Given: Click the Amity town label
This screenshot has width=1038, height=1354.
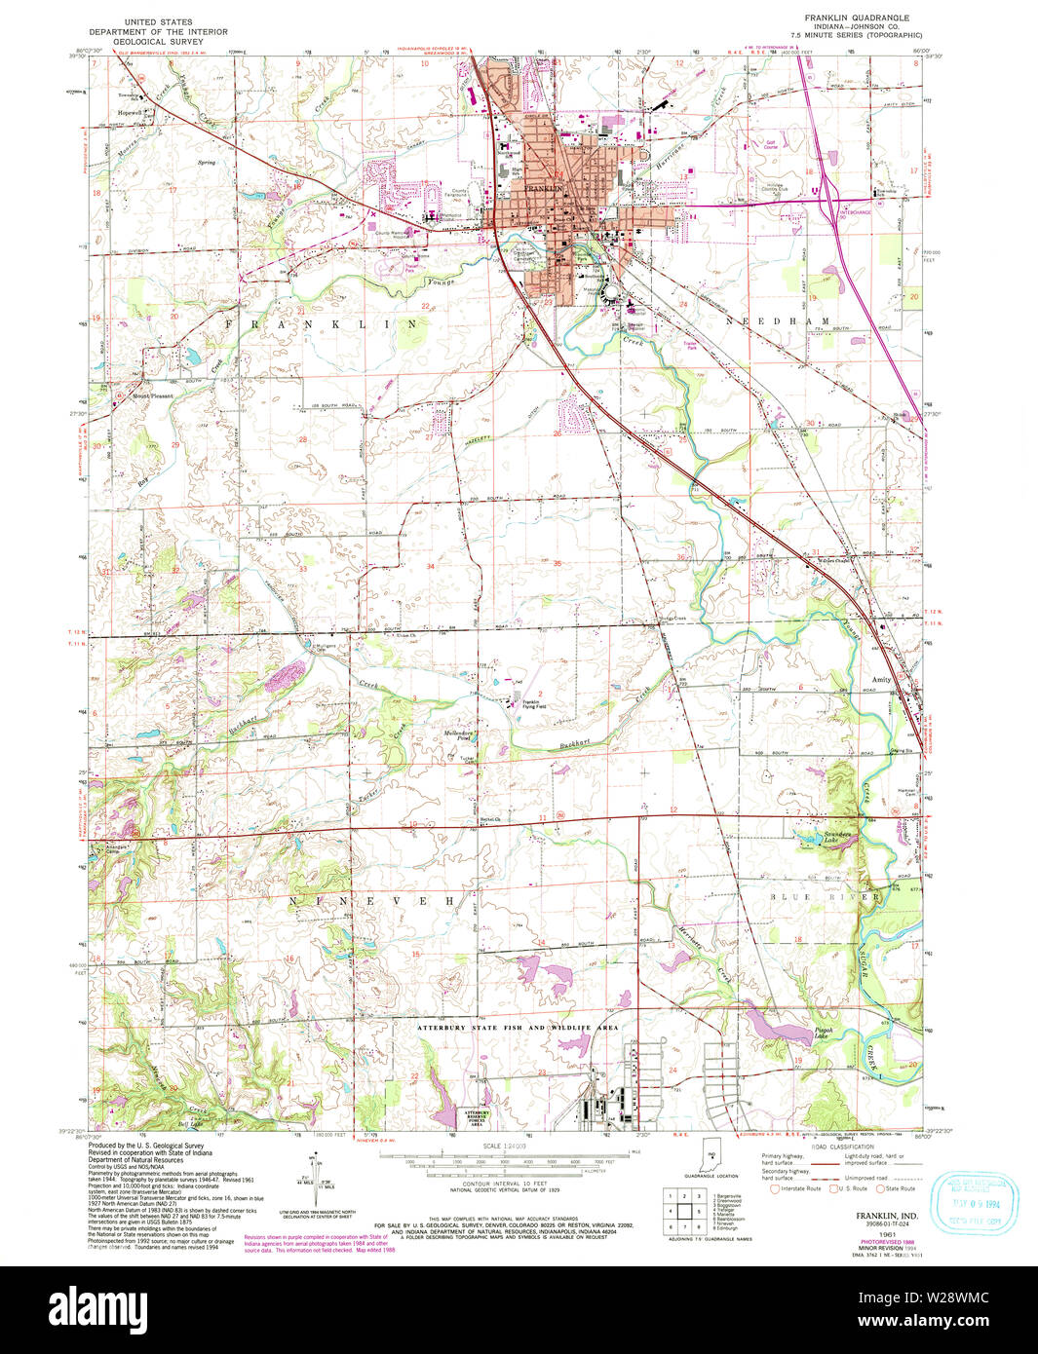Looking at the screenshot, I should click(880, 680).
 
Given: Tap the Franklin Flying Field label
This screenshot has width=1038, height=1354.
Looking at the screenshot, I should click(532, 705).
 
